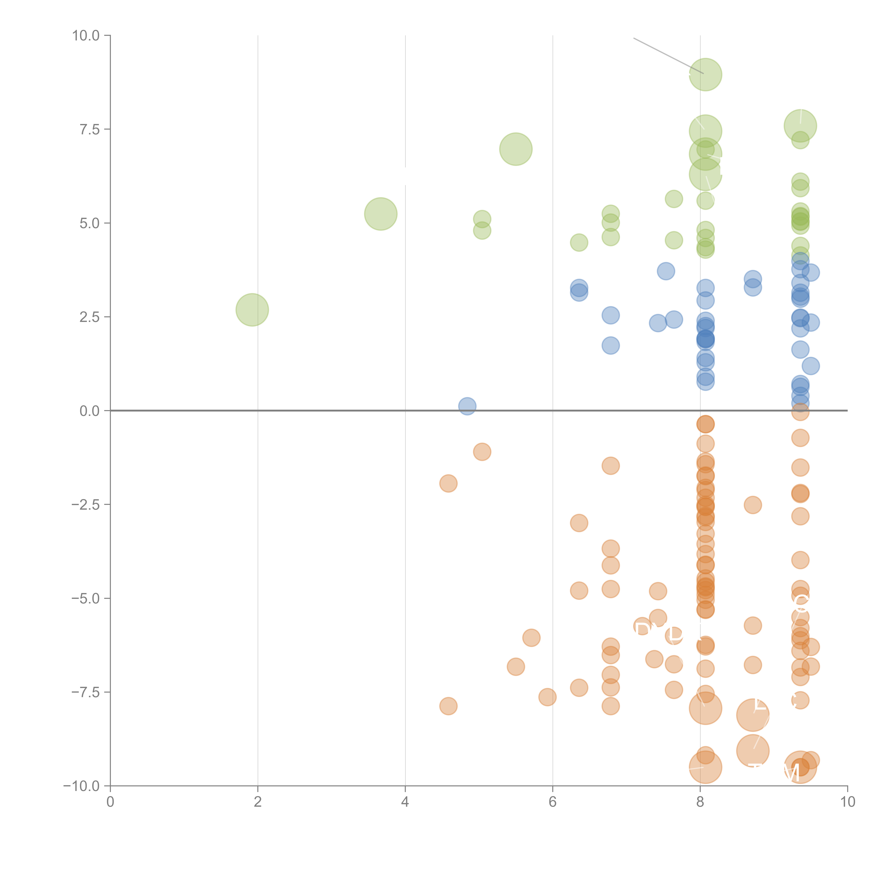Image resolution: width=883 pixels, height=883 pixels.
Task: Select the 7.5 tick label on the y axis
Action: click(90, 129)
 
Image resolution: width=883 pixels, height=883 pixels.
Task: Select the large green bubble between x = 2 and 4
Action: click(380, 214)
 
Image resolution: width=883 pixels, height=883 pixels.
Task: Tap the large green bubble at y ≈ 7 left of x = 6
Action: click(515, 149)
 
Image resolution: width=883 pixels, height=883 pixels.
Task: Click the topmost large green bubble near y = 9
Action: click(705, 75)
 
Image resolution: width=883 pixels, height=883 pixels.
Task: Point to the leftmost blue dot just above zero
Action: click(467, 406)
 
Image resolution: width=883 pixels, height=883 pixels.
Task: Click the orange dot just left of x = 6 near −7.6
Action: click(547, 697)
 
